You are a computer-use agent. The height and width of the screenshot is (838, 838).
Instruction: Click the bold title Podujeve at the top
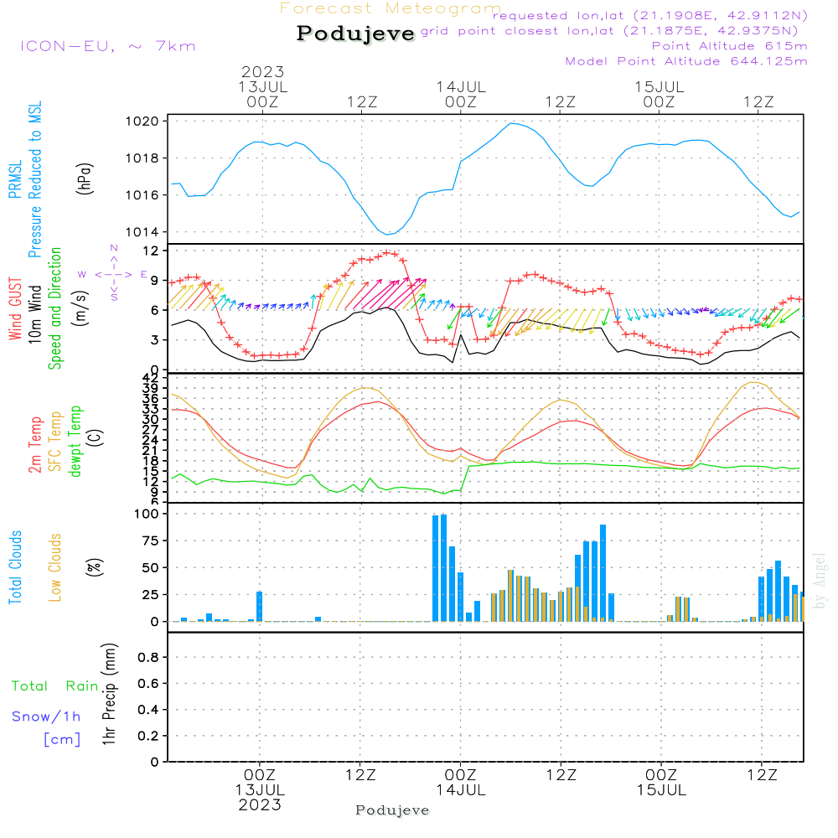(x=355, y=34)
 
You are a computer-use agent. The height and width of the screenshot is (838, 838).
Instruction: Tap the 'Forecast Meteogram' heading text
(x=391, y=8)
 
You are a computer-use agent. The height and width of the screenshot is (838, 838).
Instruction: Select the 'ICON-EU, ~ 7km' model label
(x=107, y=46)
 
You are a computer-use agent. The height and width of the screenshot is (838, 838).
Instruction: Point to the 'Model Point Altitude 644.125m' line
(x=686, y=61)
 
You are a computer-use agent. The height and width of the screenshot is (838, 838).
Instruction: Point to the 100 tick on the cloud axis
(x=147, y=514)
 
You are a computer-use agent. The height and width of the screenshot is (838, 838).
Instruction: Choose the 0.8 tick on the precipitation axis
(x=148, y=658)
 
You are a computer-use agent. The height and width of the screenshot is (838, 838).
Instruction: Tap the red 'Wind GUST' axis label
(x=15, y=305)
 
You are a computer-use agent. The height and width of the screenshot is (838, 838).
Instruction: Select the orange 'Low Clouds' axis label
(x=55, y=567)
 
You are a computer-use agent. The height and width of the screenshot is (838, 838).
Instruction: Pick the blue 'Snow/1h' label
(x=47, y=716)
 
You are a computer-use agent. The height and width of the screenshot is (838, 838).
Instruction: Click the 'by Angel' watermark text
(x=820, y=580)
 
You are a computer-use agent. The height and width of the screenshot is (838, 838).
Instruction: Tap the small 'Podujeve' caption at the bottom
(x=392, y=810)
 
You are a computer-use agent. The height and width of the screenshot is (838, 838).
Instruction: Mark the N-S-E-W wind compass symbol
(x=113, y=274)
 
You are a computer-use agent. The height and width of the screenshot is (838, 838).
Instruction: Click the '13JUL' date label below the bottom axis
(x=260, y=790)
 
